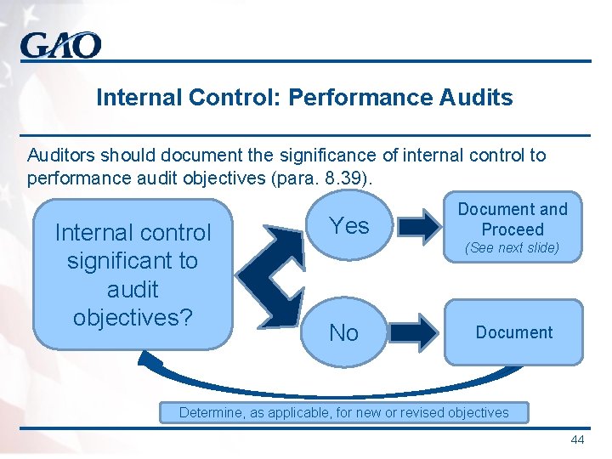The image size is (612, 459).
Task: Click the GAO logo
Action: [x=61, y=45]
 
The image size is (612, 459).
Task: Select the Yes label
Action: [x=349, y=225]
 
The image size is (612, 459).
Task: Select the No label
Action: [x=343, y=333]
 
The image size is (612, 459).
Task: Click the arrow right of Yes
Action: [x=421, y=225]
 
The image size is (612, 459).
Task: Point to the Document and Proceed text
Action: [x=513, y=219]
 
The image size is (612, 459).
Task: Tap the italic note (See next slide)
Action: [x=513, y=248]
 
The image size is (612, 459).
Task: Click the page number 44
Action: [x=577, y=439]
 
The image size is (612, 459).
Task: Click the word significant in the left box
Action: [x=133, y=260]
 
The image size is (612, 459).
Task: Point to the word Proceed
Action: [x=513, y=229]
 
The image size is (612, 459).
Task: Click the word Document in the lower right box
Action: [x=514, y=332]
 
